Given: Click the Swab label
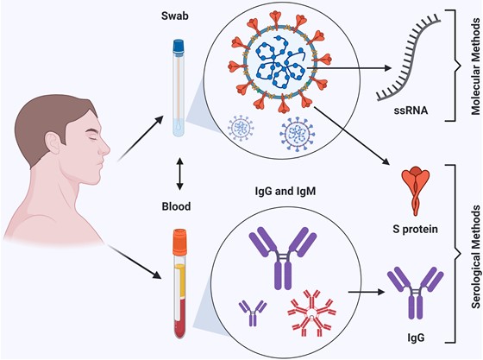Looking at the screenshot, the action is [174, 16].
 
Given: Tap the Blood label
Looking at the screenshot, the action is [176, 206].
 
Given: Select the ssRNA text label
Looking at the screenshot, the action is [411, 110].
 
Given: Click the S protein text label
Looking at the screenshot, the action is [415, 229].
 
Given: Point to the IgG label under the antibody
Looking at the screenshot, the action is [416, 338].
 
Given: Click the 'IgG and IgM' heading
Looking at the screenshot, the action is [285, 192].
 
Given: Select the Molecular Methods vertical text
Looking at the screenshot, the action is [475, 66].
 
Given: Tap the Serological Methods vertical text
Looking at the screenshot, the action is [475, 256].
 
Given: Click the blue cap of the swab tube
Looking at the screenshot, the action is [179, 47].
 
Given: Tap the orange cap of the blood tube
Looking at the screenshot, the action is [180, 242].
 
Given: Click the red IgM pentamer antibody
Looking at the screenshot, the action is [311, 313].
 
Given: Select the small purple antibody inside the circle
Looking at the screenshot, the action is [253, 313].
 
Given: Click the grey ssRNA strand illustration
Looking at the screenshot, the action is [408, 58].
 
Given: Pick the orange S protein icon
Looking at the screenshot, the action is [415, 191].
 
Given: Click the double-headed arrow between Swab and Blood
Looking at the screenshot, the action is [180, 174].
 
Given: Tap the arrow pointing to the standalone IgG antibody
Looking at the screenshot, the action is [367, 292].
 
